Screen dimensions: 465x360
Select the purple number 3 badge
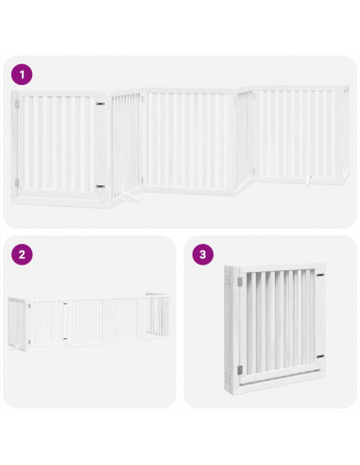pyautogui.click(x=201, y=254)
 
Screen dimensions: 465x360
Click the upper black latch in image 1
pyautogui.click(x=100, y=99)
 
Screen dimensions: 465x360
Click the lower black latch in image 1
pyautogui.click(x=100, y=186)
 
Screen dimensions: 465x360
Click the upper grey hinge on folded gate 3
pyautogui.click(x=237, y=282)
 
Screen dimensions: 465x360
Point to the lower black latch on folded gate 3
pyautogui.click(x=321, y=356)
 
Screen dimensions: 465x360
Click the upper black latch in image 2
pyautogui.click(x=63, y=305)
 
